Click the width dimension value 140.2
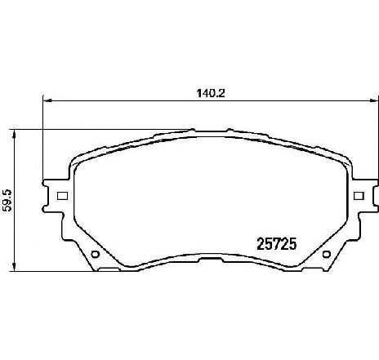click(210, 93)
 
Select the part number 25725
click(277, 242)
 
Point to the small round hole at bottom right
click(326, 254)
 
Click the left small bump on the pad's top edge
click(192, 128)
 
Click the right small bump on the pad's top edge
click(229, 128)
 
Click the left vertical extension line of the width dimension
click(42, 139)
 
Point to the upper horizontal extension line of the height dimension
click(98, 128)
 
